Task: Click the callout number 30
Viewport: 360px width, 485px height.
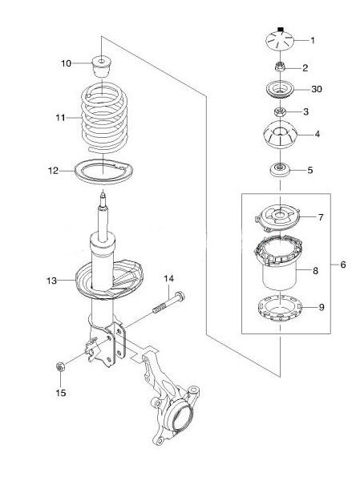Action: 317,89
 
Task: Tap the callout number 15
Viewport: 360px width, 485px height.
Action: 61,393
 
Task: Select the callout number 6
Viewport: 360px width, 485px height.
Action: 342,265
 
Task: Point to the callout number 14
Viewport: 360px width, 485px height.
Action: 168,278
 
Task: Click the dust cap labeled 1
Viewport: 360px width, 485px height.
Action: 280,40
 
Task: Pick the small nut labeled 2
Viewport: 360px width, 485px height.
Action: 280,67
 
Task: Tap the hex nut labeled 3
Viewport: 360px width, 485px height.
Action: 280,111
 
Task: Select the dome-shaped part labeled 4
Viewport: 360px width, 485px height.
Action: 280,135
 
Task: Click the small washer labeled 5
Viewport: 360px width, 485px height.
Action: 280,170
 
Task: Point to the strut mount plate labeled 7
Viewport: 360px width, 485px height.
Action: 277,216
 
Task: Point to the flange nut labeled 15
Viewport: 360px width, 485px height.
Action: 59,366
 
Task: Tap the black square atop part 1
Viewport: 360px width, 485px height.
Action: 281,30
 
